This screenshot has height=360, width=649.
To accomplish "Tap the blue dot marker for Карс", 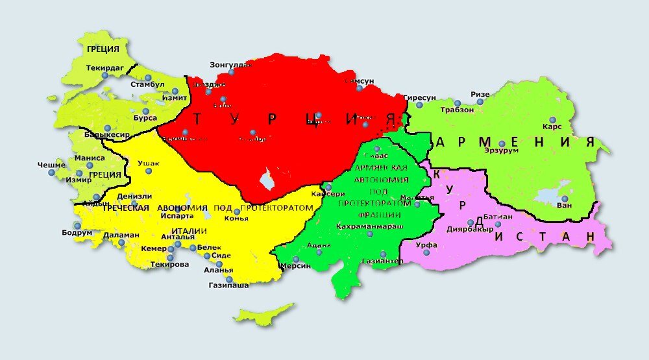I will point(552,119).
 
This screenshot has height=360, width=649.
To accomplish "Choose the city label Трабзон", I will point(458,110).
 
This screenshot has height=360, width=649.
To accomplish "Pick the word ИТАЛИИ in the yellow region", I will point(189,232).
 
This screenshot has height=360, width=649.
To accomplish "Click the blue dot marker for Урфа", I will point(426,252).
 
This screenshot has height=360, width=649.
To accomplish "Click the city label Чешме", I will point(51,165).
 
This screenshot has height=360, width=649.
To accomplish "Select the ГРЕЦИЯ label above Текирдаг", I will point(103,49).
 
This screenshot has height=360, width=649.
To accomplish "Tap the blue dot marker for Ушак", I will point(149,171).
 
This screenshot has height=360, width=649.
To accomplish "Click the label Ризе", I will point(480,94).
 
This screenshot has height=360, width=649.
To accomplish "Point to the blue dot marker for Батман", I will point(498,224).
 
